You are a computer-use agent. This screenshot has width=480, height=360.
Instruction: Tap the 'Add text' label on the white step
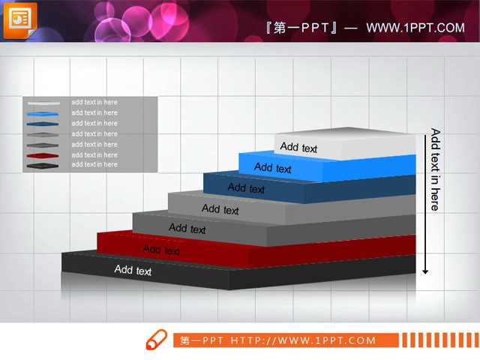[x=298, y=148]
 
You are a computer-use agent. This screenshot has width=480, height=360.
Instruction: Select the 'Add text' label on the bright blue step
[x=272, y=168]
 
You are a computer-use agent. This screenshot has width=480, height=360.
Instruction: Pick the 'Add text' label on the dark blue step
[x=246, y=188]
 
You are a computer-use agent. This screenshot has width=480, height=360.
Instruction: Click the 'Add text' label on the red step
[x=161, y=250]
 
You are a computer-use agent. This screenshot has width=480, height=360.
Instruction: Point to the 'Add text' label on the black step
[x=133, y=271]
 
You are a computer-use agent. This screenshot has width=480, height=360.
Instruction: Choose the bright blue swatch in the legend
[x=42, y=114]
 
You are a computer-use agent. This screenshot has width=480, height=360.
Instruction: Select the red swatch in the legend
[x=42, y=155]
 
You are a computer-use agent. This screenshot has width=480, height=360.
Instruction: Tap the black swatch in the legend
[x=42, y=164]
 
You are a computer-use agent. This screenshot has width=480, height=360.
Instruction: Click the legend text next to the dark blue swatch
[x=94, y=123]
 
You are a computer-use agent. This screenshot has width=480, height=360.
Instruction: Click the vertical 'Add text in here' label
[x=435, y=169]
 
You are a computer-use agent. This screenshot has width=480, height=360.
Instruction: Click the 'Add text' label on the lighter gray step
[x=220, y=209]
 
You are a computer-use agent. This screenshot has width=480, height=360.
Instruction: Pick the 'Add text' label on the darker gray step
[x=187, y=228]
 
